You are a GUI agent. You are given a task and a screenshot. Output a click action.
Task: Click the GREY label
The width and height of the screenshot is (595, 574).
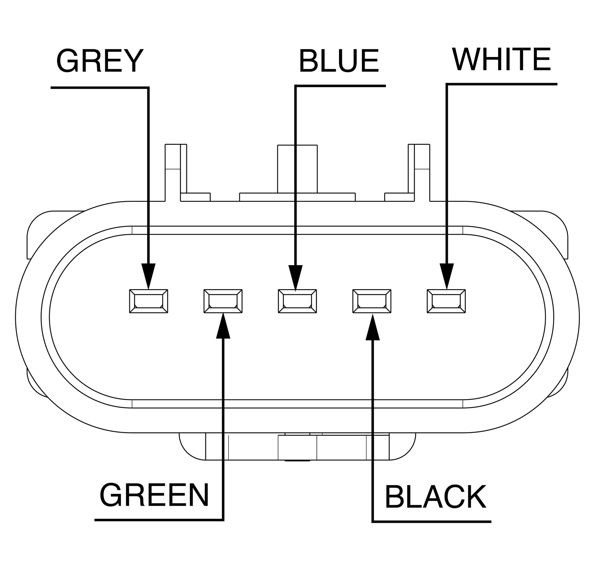click(x=100, y=61)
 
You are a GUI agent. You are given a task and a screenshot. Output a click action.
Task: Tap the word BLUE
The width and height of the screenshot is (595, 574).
click(x=339, y=62)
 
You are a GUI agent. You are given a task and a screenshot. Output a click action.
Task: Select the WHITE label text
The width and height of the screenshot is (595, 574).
click(x=502, y=60)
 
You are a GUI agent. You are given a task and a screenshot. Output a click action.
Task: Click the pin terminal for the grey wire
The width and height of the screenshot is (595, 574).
click(x=148, y=301)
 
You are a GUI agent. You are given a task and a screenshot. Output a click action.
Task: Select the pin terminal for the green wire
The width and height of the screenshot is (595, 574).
click(x=223, y=301)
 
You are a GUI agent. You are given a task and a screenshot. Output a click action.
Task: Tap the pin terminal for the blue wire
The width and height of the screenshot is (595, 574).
click(x=297, y=301)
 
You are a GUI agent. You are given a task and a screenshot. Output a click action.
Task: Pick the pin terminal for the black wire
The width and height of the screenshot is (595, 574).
click(x=372, y=301)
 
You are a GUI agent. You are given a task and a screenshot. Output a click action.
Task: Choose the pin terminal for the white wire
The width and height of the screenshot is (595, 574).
click(x=446, y=301)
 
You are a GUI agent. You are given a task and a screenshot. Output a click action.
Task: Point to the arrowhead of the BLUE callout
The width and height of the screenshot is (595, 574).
click(x=295, y=277)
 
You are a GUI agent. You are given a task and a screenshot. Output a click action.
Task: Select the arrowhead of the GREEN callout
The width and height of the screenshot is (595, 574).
click(x=223, y=327)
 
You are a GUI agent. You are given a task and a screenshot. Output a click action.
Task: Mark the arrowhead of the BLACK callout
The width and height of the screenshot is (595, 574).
click(x=373, y=328)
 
